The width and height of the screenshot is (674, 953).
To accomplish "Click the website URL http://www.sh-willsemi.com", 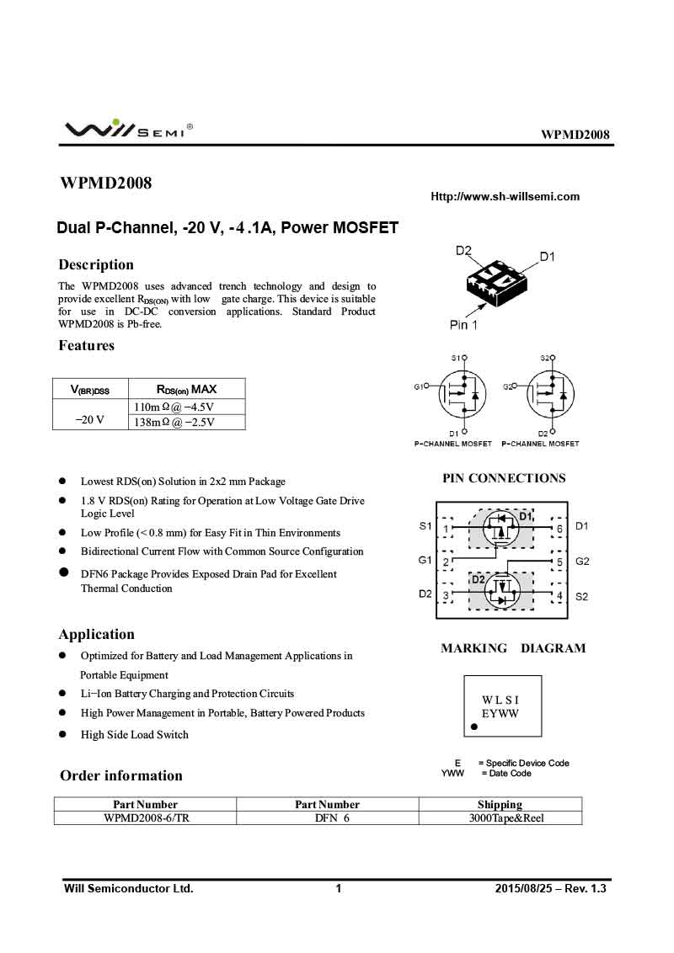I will (x=505, y=197).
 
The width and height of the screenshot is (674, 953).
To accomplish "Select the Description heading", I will (x=96, y=264).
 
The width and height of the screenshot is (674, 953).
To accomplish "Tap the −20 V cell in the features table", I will (x=89, y=418).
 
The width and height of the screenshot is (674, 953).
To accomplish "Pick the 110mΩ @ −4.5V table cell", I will (x=174, y=407).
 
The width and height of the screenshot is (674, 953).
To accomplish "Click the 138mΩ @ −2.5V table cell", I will (x=174, y=423).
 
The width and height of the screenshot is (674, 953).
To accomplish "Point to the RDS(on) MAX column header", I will (x=186, y=389).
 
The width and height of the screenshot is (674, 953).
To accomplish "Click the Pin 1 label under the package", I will (x=463, y=325).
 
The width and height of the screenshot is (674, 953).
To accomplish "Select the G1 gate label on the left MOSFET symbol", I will (x=419, y=386).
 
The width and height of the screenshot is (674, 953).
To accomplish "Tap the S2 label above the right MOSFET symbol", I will (x=544, y=358).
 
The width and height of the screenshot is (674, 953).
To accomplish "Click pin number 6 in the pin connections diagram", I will (x=559, y=529).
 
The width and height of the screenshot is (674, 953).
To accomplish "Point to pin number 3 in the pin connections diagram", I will (x=446, y=596).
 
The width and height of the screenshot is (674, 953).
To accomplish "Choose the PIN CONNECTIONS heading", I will (x=504, y=478).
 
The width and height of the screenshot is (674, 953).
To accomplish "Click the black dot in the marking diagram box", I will (x=473, y=726).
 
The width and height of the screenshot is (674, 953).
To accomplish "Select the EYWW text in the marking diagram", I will (x=500, y=714).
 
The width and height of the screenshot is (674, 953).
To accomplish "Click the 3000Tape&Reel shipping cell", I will (x=500, y=817).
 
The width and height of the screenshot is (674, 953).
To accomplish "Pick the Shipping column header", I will (x=500, y=804).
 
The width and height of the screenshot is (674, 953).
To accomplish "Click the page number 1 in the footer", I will (x=339, y=889).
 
